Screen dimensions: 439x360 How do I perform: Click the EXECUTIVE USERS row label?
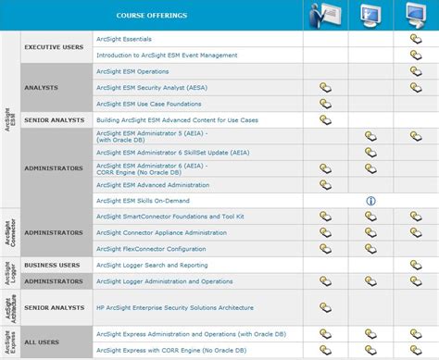click(55, 47)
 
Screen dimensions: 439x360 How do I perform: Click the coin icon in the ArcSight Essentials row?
click(416, 40)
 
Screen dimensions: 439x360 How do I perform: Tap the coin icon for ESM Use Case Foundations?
click(326, 104)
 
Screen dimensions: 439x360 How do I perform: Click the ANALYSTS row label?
click(43, 88)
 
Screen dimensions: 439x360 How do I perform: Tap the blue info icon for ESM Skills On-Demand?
click(370, 200)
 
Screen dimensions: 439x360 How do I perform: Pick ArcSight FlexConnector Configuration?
click(150, 249)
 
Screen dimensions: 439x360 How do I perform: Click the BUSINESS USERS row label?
click(52, 265)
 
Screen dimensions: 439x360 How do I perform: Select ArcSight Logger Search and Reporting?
click(152, 265)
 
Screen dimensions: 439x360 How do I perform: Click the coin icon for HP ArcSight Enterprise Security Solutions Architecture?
click(326, 306)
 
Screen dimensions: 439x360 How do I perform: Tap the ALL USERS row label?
click(43, 341)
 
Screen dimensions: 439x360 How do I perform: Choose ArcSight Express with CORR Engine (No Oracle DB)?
click(172, 350)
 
